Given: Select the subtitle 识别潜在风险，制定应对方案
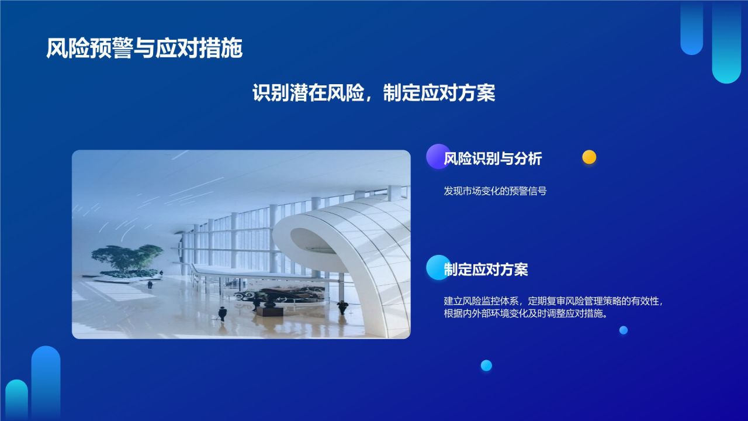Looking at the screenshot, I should (373, 92).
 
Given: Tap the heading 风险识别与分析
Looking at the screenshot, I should (493, 158).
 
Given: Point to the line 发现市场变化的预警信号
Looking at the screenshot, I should (495, 191).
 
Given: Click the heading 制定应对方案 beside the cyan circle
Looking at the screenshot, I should (486, 270).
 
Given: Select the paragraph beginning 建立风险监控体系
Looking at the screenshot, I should (553, 307).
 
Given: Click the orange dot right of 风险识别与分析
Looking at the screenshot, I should (589, 157).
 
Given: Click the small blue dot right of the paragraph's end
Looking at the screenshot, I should (624, 330).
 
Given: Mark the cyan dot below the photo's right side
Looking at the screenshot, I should (486, 365).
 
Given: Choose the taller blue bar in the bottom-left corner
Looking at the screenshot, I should (46, 383).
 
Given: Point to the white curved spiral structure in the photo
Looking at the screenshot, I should (351, 251).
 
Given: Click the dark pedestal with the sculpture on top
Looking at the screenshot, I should (269, 309).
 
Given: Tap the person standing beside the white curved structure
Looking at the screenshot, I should (342, 306).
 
